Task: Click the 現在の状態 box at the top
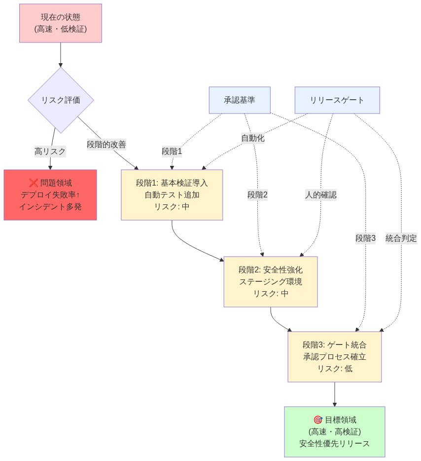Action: [61, 23]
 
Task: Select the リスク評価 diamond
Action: [61, 100]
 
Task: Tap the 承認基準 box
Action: [240, 100]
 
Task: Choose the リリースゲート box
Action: [337, 100]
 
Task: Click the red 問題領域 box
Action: [50, 195]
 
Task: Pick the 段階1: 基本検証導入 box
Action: [172, 195]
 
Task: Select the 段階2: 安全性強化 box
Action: [271, 282]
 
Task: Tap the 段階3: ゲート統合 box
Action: [335, 356]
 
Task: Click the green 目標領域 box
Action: [335, 431]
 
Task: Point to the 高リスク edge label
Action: [50, 152]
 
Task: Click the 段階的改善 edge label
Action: [106, 145]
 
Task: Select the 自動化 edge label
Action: [252, 138]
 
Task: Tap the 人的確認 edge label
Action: [320, 195]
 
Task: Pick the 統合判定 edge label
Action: [401, 238]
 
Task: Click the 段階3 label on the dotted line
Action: [365, 238]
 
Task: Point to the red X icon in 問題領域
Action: [34, 183]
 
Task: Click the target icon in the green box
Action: [317, 420]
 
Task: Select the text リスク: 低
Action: [335, 368]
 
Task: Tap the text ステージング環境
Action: [271, 282]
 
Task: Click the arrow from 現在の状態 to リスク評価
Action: [61, 54]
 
